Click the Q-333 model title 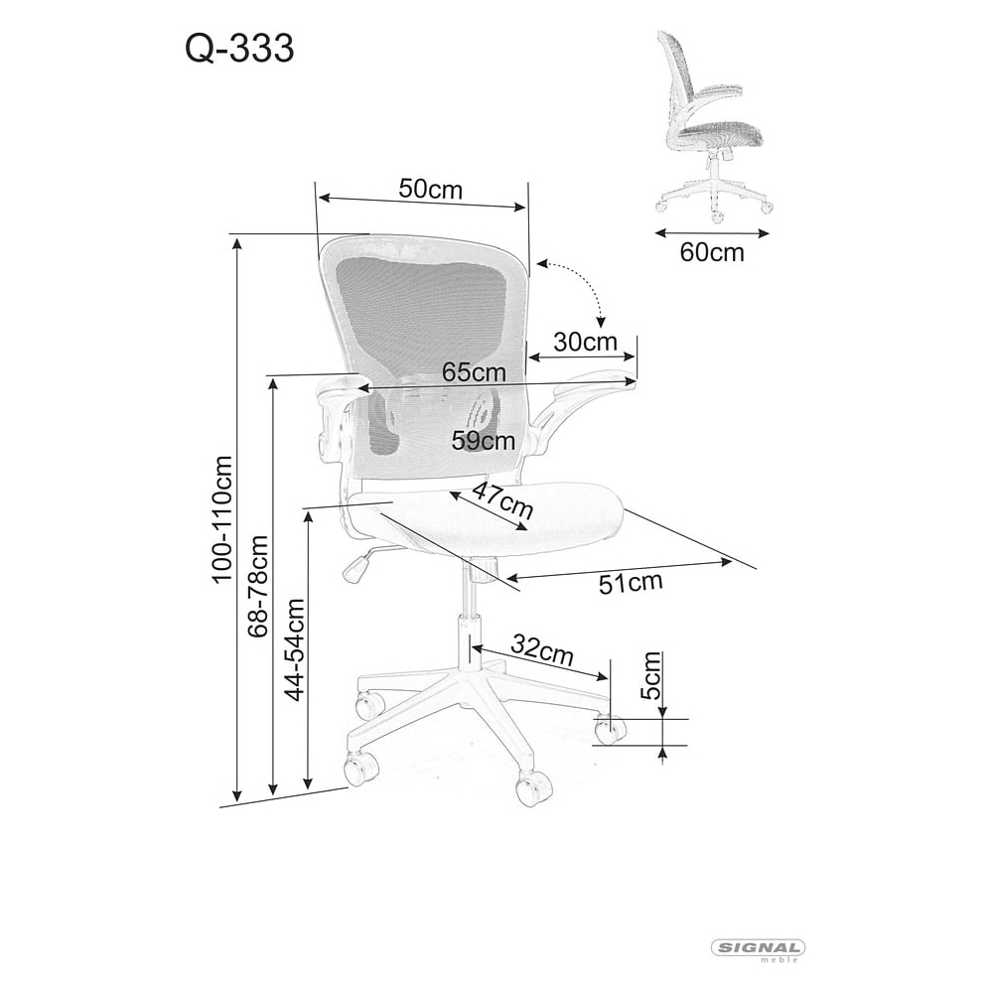tap(239, 49)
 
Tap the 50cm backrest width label tap(431, 189)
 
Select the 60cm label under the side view tap(712, 252)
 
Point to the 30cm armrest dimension tap(585, 342)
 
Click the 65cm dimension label tap(474, 371)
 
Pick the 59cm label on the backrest tap(484, 440)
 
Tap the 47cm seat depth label tap(502, 499)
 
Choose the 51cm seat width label tap(631, 582)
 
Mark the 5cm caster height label tap(650, 675)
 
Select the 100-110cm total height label tap(221, 518)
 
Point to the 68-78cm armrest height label tap(258, 586)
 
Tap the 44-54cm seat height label tap(294, 649)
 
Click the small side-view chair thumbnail tap(713, 127)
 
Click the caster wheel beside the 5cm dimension tap(610, 729)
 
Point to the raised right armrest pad tap(593, 383)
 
